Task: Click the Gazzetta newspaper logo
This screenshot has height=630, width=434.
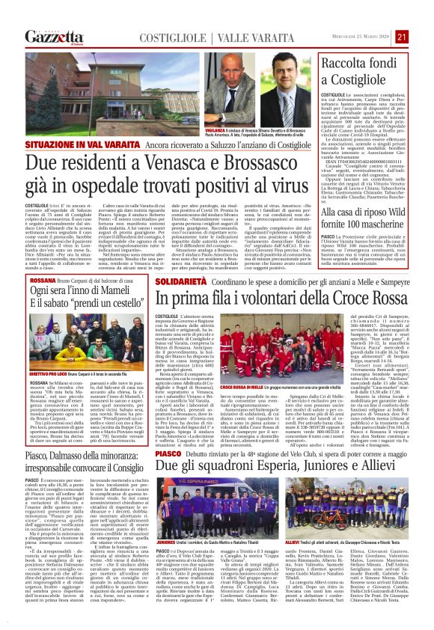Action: click(54, 37)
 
